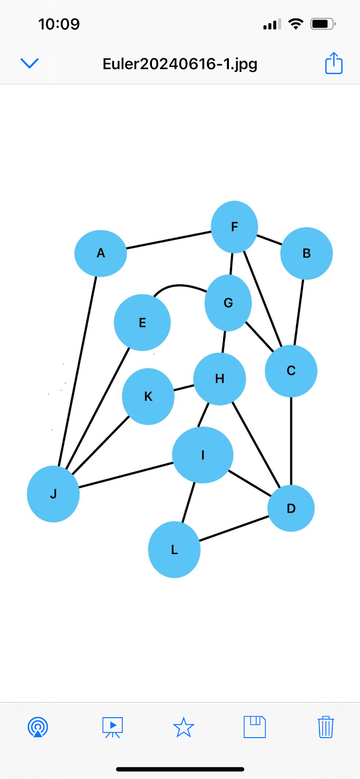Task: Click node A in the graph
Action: pos(100,253)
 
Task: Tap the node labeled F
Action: pos(234,227)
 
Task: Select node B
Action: pos(306,253)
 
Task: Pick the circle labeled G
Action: pos(228,303)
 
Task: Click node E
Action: pos(142,322)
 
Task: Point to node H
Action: pos(220,379)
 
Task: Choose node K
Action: pos(148,396)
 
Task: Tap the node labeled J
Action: pos(53,494)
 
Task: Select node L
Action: pos(174,550)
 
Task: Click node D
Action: pos(291,508)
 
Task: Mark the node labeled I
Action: pos(203,455)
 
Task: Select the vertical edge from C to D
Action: pos(291,441)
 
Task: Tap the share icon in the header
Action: pos(334,63)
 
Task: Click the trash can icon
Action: pos(325,727)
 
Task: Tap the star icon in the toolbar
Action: pos(183,727)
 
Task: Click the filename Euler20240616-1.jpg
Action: pos(180,64)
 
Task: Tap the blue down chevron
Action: pos(29,63)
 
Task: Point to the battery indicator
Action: pos(322,24)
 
